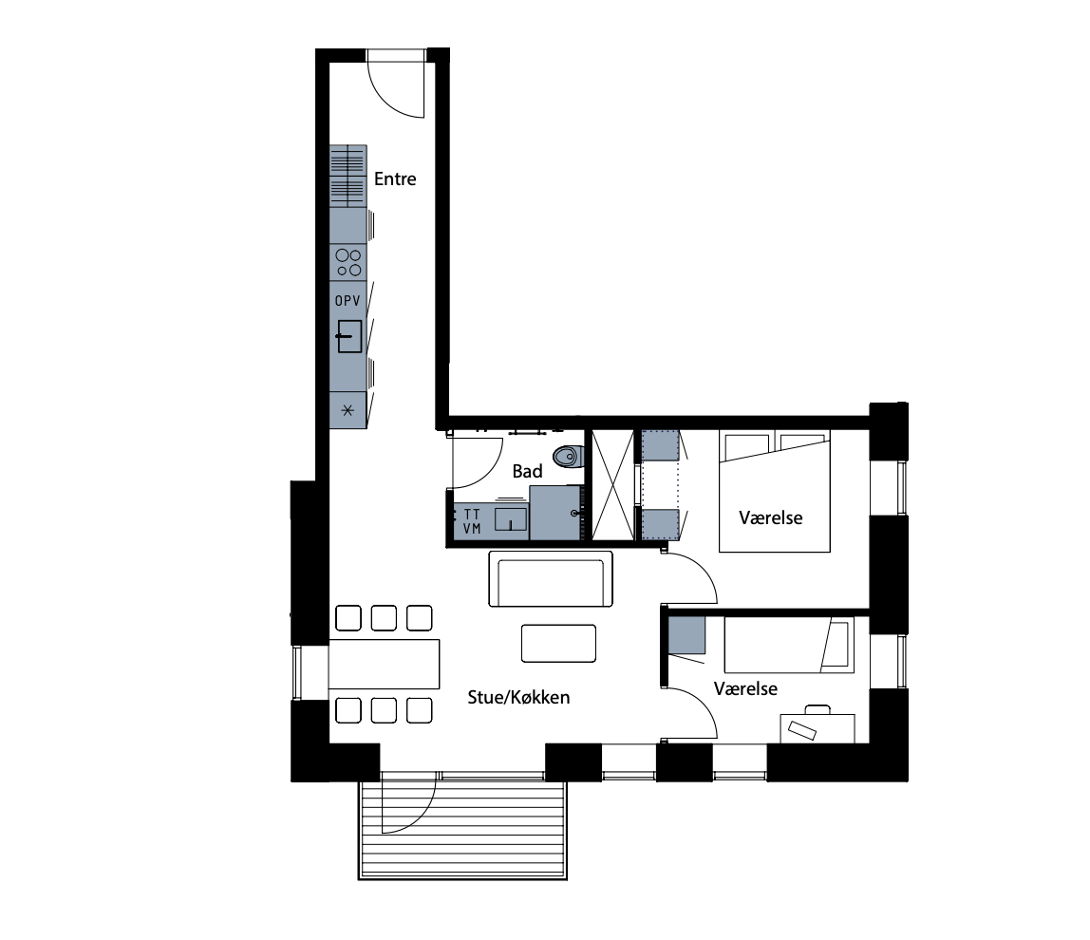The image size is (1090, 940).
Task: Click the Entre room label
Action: point(395,179)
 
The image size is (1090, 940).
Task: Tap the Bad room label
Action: point(527,471)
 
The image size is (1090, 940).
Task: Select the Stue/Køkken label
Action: point(518,697)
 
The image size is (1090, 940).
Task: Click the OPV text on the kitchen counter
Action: point(348,301)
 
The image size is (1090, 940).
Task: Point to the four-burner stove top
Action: point(348,262)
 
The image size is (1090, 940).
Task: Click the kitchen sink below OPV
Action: point(349,336)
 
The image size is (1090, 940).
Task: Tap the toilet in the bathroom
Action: point(568,457)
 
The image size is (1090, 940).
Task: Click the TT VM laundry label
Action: point(472,521)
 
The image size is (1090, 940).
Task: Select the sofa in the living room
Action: point(551,578)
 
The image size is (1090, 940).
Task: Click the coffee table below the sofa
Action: point(559,643)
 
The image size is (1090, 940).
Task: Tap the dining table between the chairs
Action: point(384,664)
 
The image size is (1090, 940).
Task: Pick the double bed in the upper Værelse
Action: point(775,492)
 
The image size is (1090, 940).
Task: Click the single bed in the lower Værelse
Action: point(789,645)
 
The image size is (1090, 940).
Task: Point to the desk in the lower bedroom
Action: point(817,728)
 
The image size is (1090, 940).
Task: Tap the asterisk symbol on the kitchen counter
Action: point(348,410)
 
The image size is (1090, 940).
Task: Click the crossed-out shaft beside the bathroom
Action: point(612,484)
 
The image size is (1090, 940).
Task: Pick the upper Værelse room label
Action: point(771,518)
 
